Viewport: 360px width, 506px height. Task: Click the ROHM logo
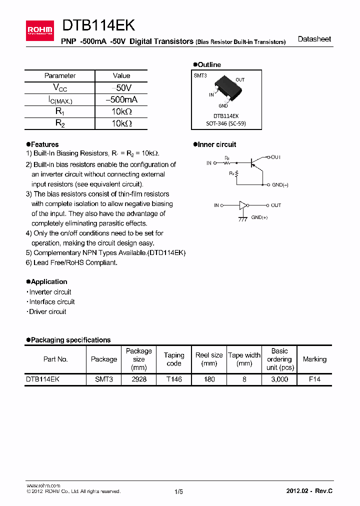[x=39, y=30]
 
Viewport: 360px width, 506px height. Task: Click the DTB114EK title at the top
[x=98, y=26]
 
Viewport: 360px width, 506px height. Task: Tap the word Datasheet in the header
[x=314, y=39]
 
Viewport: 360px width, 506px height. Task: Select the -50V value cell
[x=121, y=87]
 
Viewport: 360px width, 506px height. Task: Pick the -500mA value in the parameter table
[x=121, y=99]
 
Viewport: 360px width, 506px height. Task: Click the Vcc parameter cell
[x=60, y=87]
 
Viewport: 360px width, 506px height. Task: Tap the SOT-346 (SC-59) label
[x=226, y=123]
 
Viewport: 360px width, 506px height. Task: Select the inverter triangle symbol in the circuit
[x=243, y=205]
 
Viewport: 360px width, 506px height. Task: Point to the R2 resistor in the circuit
[x=236, y=173]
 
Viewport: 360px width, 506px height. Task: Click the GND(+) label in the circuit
[x=259, y=217]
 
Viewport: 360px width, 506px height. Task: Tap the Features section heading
[x=44, y=144]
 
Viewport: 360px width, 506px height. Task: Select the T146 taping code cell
[x=174, y=379]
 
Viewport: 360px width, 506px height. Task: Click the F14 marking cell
[x=314, y=379]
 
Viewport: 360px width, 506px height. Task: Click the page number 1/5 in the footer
[x=178, y=491]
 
